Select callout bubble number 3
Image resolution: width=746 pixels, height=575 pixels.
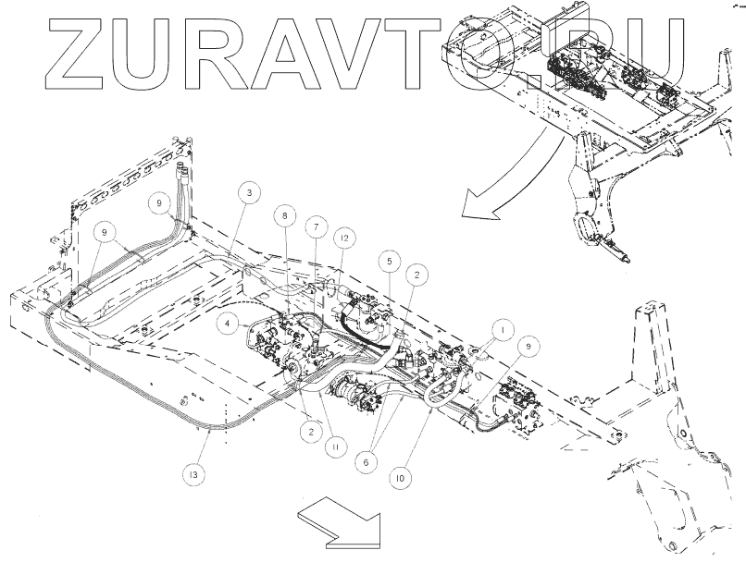(x=247, y=191)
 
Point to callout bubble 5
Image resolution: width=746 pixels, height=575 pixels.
(x=391, y=262)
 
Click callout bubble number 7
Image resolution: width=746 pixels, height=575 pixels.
(x=316, y=226)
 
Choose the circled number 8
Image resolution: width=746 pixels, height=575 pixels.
(x=285, y=215)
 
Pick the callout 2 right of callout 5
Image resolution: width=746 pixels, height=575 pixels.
(x=418, y=275)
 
